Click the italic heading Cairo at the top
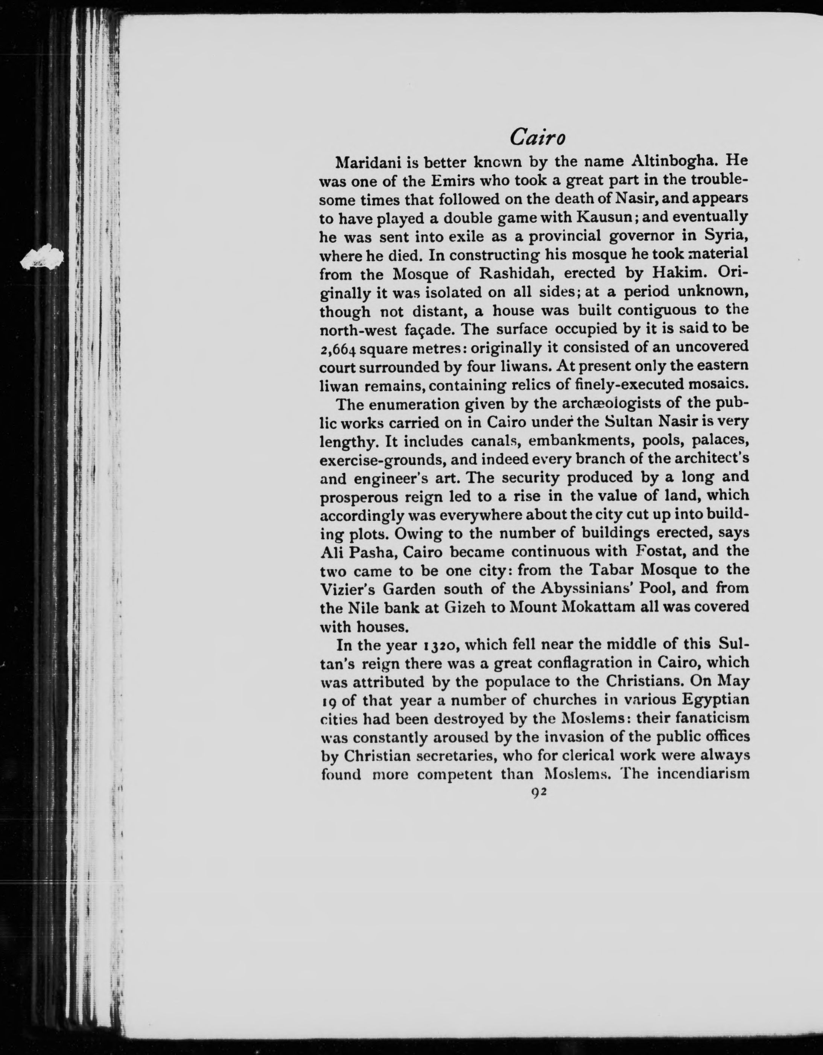pyautogui.click(x=537, y=138)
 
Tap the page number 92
pyautogui.click(x=537, y=793)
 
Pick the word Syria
pyautogui.click(x=726, y=236)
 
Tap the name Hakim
pyautogui.click(x=680, y=273)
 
